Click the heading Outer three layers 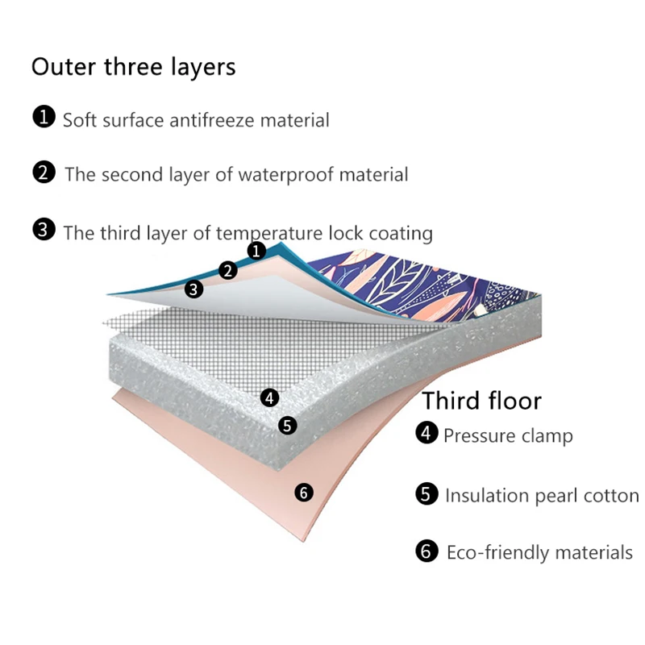pos(133,66)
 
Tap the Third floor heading pos(482,401)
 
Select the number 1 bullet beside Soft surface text pos(44,119)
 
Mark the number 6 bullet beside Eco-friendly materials pos(427,551)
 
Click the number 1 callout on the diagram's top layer pos(256,251)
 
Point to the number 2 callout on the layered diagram pos(229,271)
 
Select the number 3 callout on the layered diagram pos(193,289)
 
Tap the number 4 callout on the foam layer pos(270,397)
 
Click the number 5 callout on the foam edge pos(288,425)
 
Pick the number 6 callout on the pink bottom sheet pos(304,491)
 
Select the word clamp pos(547,436)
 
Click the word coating pos(403,233)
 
